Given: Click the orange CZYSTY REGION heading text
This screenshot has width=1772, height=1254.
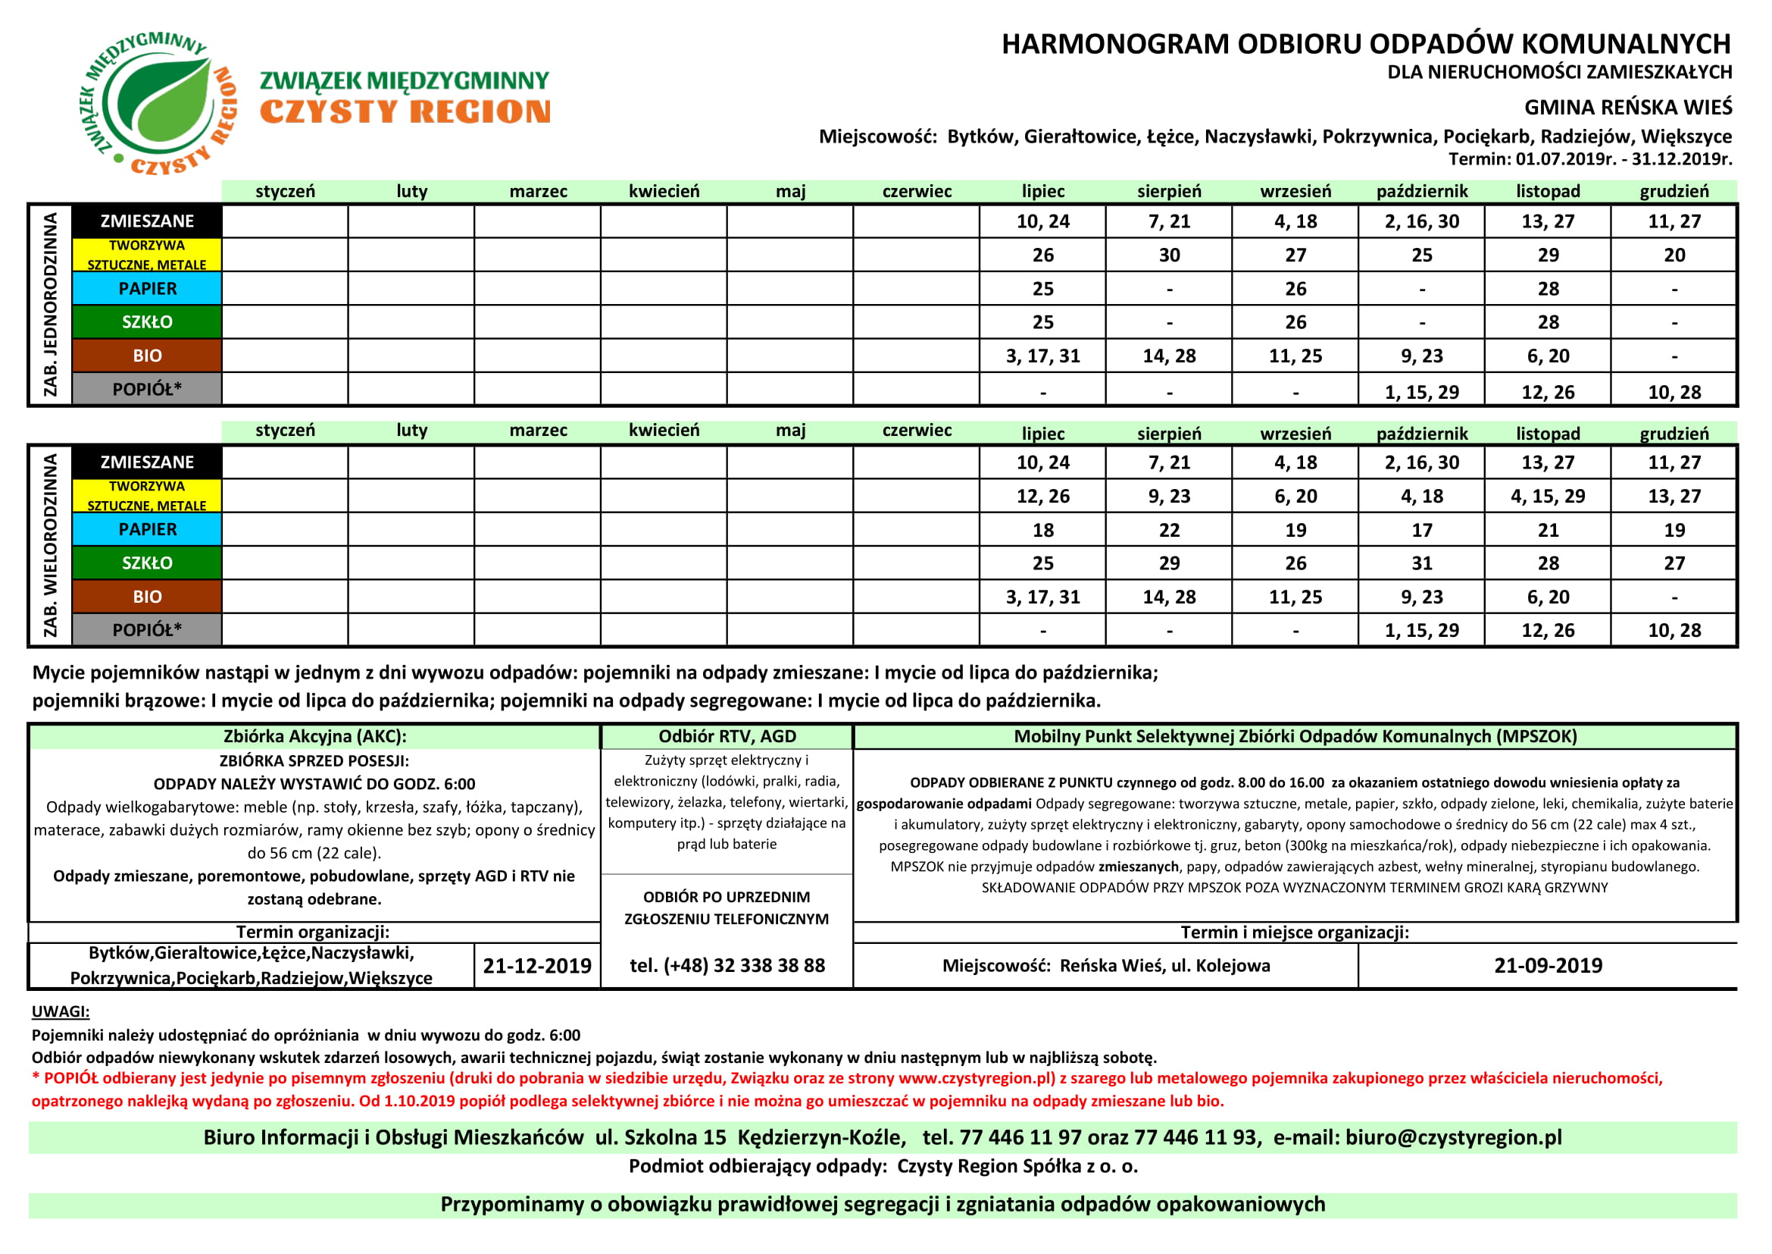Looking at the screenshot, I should click(x=405, y=113).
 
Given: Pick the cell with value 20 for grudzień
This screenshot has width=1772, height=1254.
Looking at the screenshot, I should click(x=1674, y=256).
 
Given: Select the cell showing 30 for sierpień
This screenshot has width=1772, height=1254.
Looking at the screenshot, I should click(x=1169, y=256).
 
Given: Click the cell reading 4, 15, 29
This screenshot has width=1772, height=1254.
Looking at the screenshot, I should click(x=1548, y=497).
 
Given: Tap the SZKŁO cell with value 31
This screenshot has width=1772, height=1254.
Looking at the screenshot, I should click(x=1421, y=563).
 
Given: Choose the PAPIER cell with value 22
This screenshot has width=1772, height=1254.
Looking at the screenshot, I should click(x=1169, y=531).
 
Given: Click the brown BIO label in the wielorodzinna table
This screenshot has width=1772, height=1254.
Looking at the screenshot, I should click(x=147, y=597).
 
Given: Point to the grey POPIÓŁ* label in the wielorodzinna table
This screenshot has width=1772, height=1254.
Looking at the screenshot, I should click(x=147, y=630).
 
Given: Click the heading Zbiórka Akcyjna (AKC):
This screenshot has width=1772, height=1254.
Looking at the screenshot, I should click(x=315, y=737).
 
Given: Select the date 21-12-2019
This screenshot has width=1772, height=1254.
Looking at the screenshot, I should click(x=537, y=966).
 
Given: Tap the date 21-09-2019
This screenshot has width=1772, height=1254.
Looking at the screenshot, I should click(x=1549, y=966).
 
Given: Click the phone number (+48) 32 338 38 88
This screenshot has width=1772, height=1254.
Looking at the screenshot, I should click(x=727, y=966).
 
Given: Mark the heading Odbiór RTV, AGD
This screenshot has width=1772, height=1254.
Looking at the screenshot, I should click(x=727, y=737).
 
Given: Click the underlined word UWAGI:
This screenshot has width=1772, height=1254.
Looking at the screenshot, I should click(x=60, y=1011).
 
